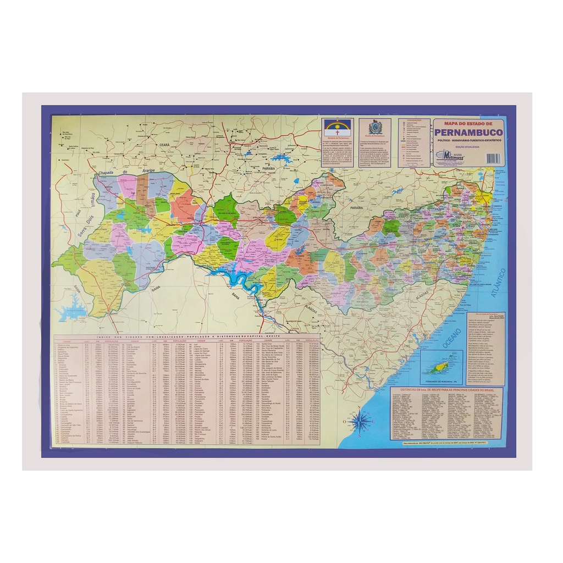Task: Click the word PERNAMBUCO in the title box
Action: click(x=468, y=133)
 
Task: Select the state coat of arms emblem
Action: click(x=375, y=128)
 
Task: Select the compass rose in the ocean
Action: click(x=360, y=422)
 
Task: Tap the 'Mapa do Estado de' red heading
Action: click(x=468, y=123)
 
